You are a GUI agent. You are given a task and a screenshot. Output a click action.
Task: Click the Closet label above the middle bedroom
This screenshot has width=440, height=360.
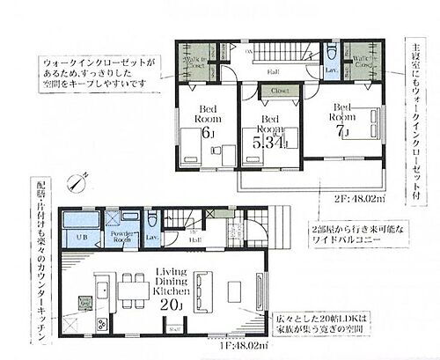pyautogui.click(x=280, y=91)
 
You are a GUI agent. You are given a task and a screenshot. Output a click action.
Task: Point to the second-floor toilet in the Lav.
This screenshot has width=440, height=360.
pyautogui.click(x=332, y=51)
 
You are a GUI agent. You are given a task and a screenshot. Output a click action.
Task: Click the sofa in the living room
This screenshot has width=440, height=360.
pyautogui.click(x=202, y=289)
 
